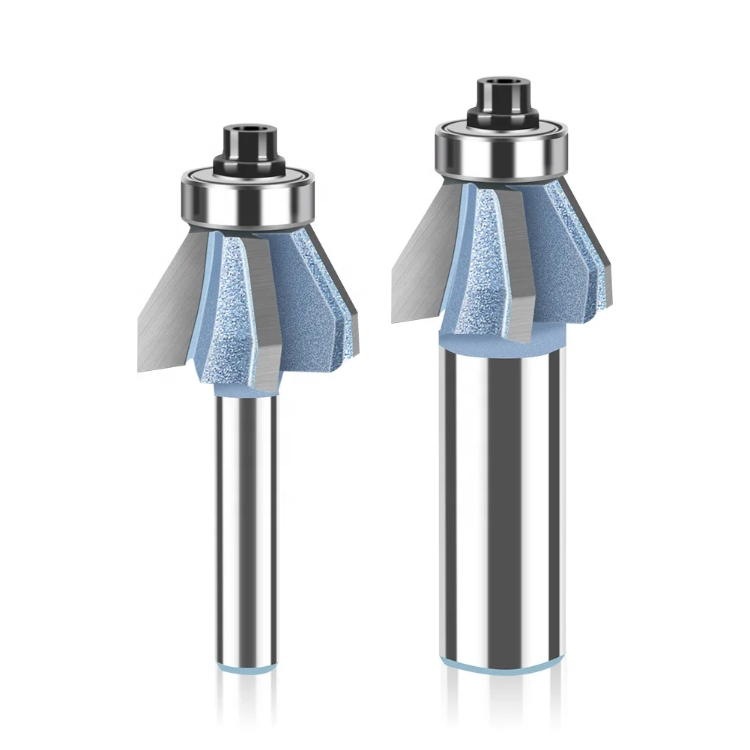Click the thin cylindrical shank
tap(247, 524)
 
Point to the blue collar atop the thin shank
tap(247, 390)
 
